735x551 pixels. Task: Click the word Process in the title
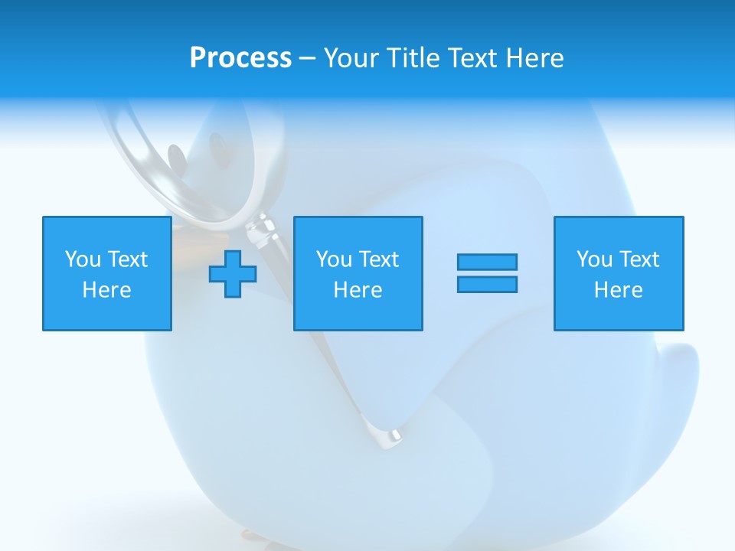[240, 58]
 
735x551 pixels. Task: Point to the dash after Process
[307, 59]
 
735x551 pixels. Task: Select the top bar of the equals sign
[487, 262]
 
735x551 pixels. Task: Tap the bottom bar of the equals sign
[487, 284]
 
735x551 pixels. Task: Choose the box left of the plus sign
[107, 273]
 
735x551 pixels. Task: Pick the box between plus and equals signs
[358, 273]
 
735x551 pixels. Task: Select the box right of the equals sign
[619, 273]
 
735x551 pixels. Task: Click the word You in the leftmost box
[82, 259]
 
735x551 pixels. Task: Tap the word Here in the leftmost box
[107, 290]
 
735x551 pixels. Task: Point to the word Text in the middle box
[379, 259]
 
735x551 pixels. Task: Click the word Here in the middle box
[358, 290]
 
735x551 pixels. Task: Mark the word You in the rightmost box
[593, 259]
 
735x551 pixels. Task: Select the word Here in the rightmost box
[619, 290]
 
